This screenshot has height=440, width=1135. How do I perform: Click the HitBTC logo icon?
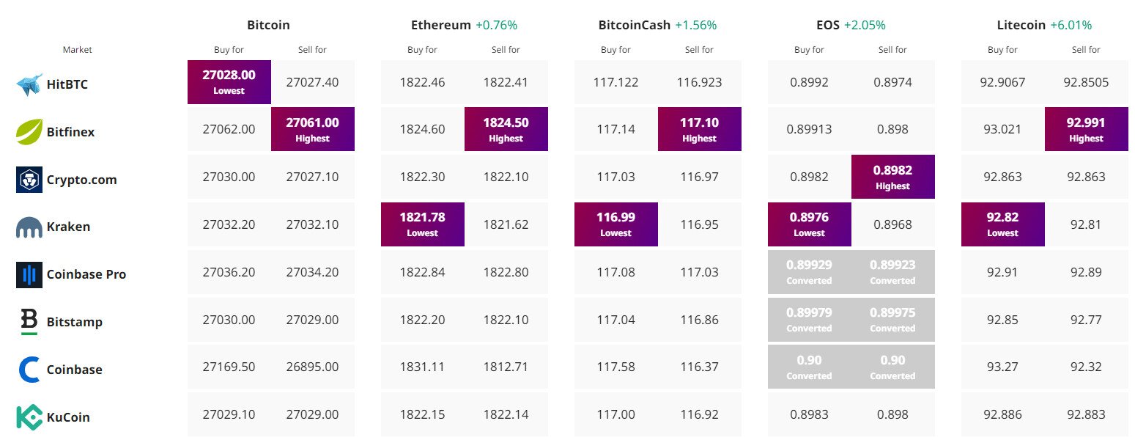(x=29, y=84)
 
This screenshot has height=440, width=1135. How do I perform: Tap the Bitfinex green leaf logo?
(x=29, y=132)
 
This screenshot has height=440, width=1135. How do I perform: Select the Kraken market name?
(x=68, y=227)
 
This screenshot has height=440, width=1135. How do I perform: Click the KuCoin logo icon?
(x=29, y=417)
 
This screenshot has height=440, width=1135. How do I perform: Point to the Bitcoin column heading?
(x=268, y=25)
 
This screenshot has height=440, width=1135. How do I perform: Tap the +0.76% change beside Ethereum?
(x=496, y=25)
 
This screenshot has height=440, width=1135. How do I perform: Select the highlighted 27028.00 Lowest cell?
(x=229, y=82)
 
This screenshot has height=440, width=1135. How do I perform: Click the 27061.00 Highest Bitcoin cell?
(x=313, y=129)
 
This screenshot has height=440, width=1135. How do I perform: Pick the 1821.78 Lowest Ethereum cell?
(x=423, y=224)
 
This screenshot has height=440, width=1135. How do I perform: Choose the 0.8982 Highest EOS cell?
(x=892, y=177)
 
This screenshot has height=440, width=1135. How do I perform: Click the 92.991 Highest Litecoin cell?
(x=1086, y=129)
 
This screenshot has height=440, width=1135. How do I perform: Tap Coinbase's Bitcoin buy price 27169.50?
(x=229, y=367)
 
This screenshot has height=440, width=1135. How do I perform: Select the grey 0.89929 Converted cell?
(x=809, y=272)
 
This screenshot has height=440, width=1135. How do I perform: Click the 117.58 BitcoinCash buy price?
(x=615, y=367)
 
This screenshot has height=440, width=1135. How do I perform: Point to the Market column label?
(x=77, y=50)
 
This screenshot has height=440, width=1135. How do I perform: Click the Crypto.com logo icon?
(x=29, y=180)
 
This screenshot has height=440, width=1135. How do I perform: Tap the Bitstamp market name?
(x=74, y=322)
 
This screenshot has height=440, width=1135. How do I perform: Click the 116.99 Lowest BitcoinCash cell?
(x=615, y=224)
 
